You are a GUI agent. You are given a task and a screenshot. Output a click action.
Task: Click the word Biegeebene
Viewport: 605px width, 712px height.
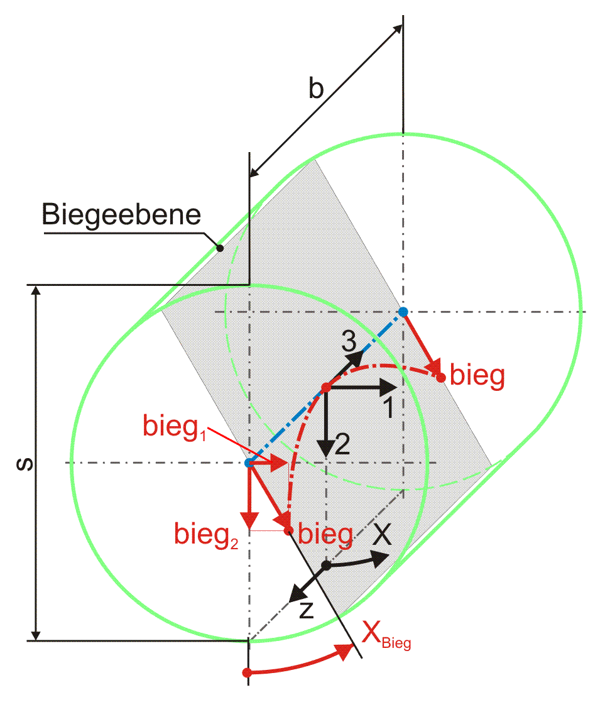(x=121, y=216)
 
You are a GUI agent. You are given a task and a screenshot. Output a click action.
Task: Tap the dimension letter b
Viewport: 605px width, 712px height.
(x=316, y=87)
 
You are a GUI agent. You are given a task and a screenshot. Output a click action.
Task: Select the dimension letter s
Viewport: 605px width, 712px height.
(x=25, y=464)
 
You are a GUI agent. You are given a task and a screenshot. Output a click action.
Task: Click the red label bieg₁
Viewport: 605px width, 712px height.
(x=175, y=427)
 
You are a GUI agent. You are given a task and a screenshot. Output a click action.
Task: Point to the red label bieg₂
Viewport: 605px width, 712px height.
(x=206, y=535)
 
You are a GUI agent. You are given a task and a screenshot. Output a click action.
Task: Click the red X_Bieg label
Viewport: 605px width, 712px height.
(x=386, y=635)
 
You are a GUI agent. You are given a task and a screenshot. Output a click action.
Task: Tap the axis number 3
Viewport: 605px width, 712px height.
(x=349, y=341)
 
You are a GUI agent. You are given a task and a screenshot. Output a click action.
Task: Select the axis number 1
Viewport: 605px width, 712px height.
(x=388, y=407)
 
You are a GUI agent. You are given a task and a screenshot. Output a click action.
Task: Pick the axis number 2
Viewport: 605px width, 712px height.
(x=342, y=444)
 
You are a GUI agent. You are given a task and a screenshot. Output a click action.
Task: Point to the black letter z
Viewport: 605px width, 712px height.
(x=307, y=610)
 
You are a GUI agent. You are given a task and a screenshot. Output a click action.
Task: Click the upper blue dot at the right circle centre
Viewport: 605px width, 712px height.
(x=403, y=312)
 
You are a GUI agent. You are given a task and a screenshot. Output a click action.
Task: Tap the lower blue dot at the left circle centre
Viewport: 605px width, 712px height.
(x=249, y=463)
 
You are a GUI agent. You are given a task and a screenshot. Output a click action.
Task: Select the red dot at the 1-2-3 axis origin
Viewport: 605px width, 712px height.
(x=326, y=387)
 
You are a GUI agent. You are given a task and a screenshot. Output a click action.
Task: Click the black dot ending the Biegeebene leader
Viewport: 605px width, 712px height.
(x=220, y=248)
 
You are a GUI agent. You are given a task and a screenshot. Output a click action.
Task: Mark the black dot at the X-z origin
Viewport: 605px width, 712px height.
(x=326, y=566)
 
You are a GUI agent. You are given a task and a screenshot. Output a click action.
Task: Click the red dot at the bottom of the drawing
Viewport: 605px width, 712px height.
(x=247, y=672)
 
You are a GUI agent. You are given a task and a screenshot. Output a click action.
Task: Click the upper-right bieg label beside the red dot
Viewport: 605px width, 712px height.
(x=477, y=376)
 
